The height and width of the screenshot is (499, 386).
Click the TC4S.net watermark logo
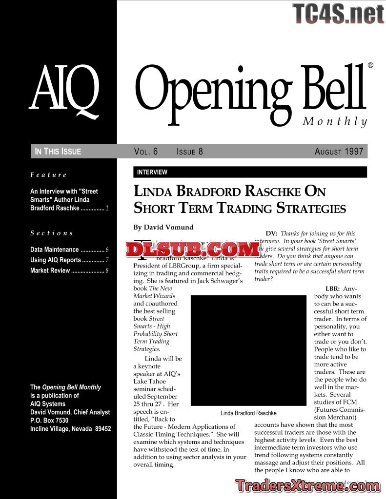pos(338,14)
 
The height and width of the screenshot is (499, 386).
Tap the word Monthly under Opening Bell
pos(335,121)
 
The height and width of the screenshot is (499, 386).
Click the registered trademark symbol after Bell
pos(370,65)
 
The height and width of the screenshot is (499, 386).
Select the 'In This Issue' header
pos(58,152)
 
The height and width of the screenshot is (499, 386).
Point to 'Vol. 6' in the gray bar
pos(146,152)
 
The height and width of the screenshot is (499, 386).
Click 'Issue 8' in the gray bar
pos(189,152)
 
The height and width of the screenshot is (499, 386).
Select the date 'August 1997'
pos(339,152)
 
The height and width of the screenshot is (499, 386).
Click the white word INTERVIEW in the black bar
pos(152,172)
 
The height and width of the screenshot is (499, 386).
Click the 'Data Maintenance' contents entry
pos(54,249)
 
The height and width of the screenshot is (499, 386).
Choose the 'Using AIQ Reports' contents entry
pos(55,260)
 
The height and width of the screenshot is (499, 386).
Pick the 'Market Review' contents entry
pos(50,270)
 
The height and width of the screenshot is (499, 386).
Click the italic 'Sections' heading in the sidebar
pos(51,233)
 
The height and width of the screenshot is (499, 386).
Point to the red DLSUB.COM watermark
pos(192,249)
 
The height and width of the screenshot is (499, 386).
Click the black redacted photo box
pos(248,350)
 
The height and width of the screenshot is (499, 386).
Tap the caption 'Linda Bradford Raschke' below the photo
pos(248,413)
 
